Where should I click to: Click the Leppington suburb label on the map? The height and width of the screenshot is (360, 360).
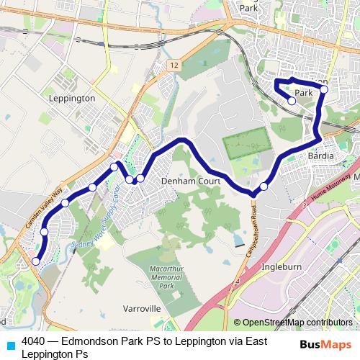(71, 97)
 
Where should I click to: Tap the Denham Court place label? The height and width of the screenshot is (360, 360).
(190, 181)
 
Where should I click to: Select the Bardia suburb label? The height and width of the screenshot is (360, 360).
(321, 156)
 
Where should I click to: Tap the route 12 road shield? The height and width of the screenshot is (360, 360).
(175, 65)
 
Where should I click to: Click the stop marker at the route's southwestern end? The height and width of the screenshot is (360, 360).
(36, 261)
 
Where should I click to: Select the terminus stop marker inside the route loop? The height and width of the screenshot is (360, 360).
(292, 102)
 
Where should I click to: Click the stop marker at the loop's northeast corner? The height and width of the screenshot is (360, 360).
(324, 89)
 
